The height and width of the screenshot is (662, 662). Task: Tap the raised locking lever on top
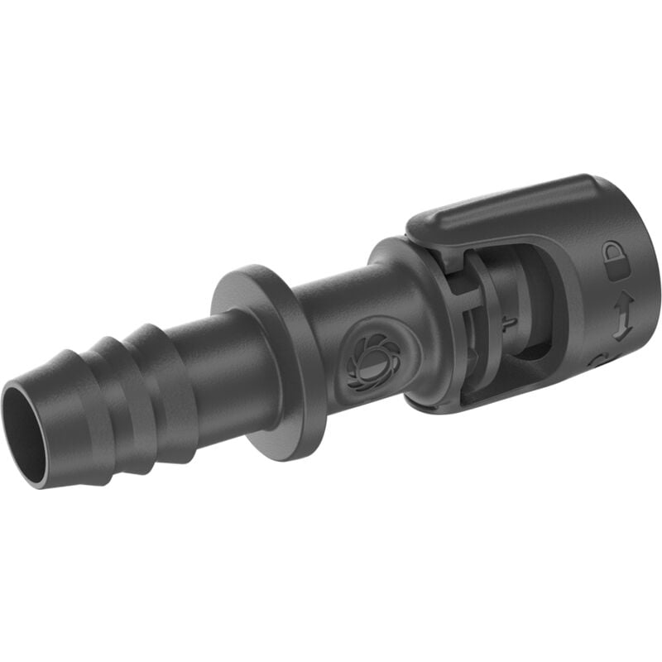tap(505, 211)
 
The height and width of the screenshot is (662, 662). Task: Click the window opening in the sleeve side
tap(513, 331)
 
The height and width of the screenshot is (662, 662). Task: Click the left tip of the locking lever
tap(414, 228)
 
